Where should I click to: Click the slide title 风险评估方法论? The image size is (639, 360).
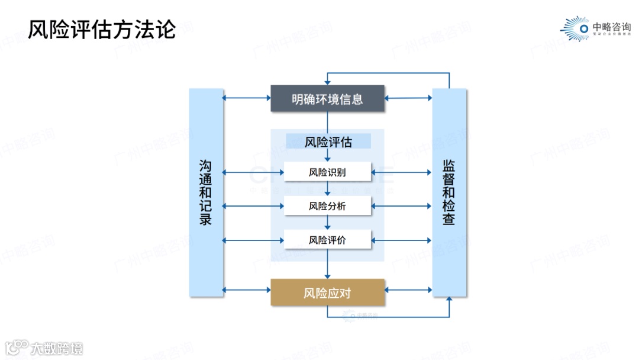(x=102, y=28)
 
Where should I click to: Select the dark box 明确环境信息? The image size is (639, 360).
(x=327, y=98)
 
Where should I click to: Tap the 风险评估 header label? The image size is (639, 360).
(x=328, y=142)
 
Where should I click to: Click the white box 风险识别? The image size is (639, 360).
(x=327, y=172)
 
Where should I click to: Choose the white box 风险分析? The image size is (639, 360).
(x=327, y=206)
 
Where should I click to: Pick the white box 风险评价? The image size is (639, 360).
(x=327, y=240)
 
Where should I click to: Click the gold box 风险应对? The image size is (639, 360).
(x=327, y=292)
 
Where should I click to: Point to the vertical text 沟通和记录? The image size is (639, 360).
(x=206, y=192)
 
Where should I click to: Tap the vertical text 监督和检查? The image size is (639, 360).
(x=449, y=192)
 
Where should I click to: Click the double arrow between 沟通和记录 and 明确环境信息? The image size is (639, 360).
(x=247, y=98)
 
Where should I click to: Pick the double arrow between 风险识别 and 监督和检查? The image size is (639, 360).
(x=402, y=172)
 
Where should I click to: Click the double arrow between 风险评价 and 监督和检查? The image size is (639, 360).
(x=402, y=240)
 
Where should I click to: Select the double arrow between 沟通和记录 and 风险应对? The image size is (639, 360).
(x=247, y=290)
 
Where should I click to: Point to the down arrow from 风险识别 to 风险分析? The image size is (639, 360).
(x=327, y=189)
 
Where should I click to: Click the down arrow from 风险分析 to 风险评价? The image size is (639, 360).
(x=327, y=223)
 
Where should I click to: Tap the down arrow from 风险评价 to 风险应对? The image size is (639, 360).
(x=327, y=263)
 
